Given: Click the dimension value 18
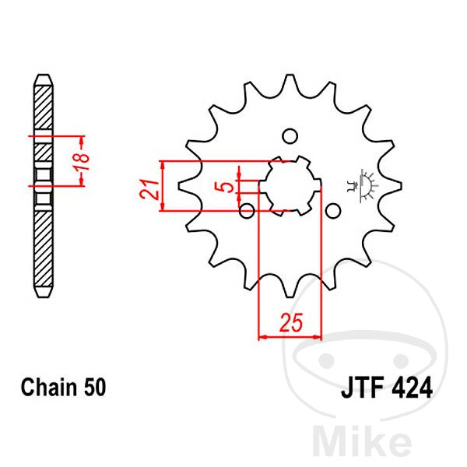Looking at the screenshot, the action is (x=83, y=161).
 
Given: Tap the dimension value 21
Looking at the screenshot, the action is (x=149, y=189).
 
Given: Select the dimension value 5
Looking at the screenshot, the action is (x=227, y=187).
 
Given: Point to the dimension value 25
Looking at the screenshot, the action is (x=291, y=322).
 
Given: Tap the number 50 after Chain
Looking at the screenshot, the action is (x=95, y=387).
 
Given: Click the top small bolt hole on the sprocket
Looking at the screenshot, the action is (x=290, y=136).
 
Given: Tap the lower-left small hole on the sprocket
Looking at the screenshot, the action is (x=247, y=211).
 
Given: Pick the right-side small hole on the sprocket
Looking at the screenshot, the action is (x=333, y=211).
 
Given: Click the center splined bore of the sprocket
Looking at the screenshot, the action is (x=290, y=185).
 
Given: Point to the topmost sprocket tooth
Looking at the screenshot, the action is (x=290, y=82).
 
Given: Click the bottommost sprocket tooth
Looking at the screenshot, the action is (x=290, y=290).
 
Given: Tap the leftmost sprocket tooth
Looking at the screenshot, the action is (x=186, y=186).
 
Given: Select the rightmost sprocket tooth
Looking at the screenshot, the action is (x=394, y=186).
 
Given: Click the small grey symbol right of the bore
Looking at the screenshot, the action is (x=363, y=186).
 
